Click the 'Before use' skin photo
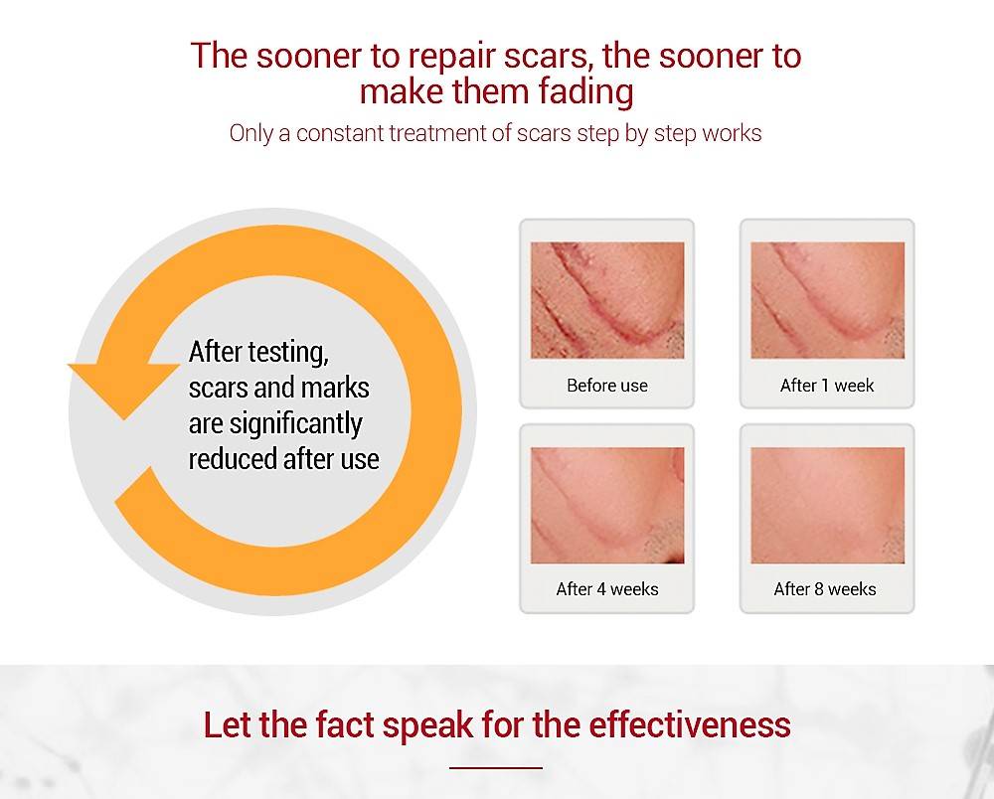point(607,300)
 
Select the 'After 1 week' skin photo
point(828,300)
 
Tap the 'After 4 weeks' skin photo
point(607,506)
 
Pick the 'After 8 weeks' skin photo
point(828,506)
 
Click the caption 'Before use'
point(607,386)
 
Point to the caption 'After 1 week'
point(827,386)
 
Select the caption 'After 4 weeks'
point(607,589)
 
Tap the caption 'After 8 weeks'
point(825,589)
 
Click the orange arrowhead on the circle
point(123,388)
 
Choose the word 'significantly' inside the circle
point(295,424)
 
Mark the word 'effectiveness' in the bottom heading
point(690,724)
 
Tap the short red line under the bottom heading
point(496,768)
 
